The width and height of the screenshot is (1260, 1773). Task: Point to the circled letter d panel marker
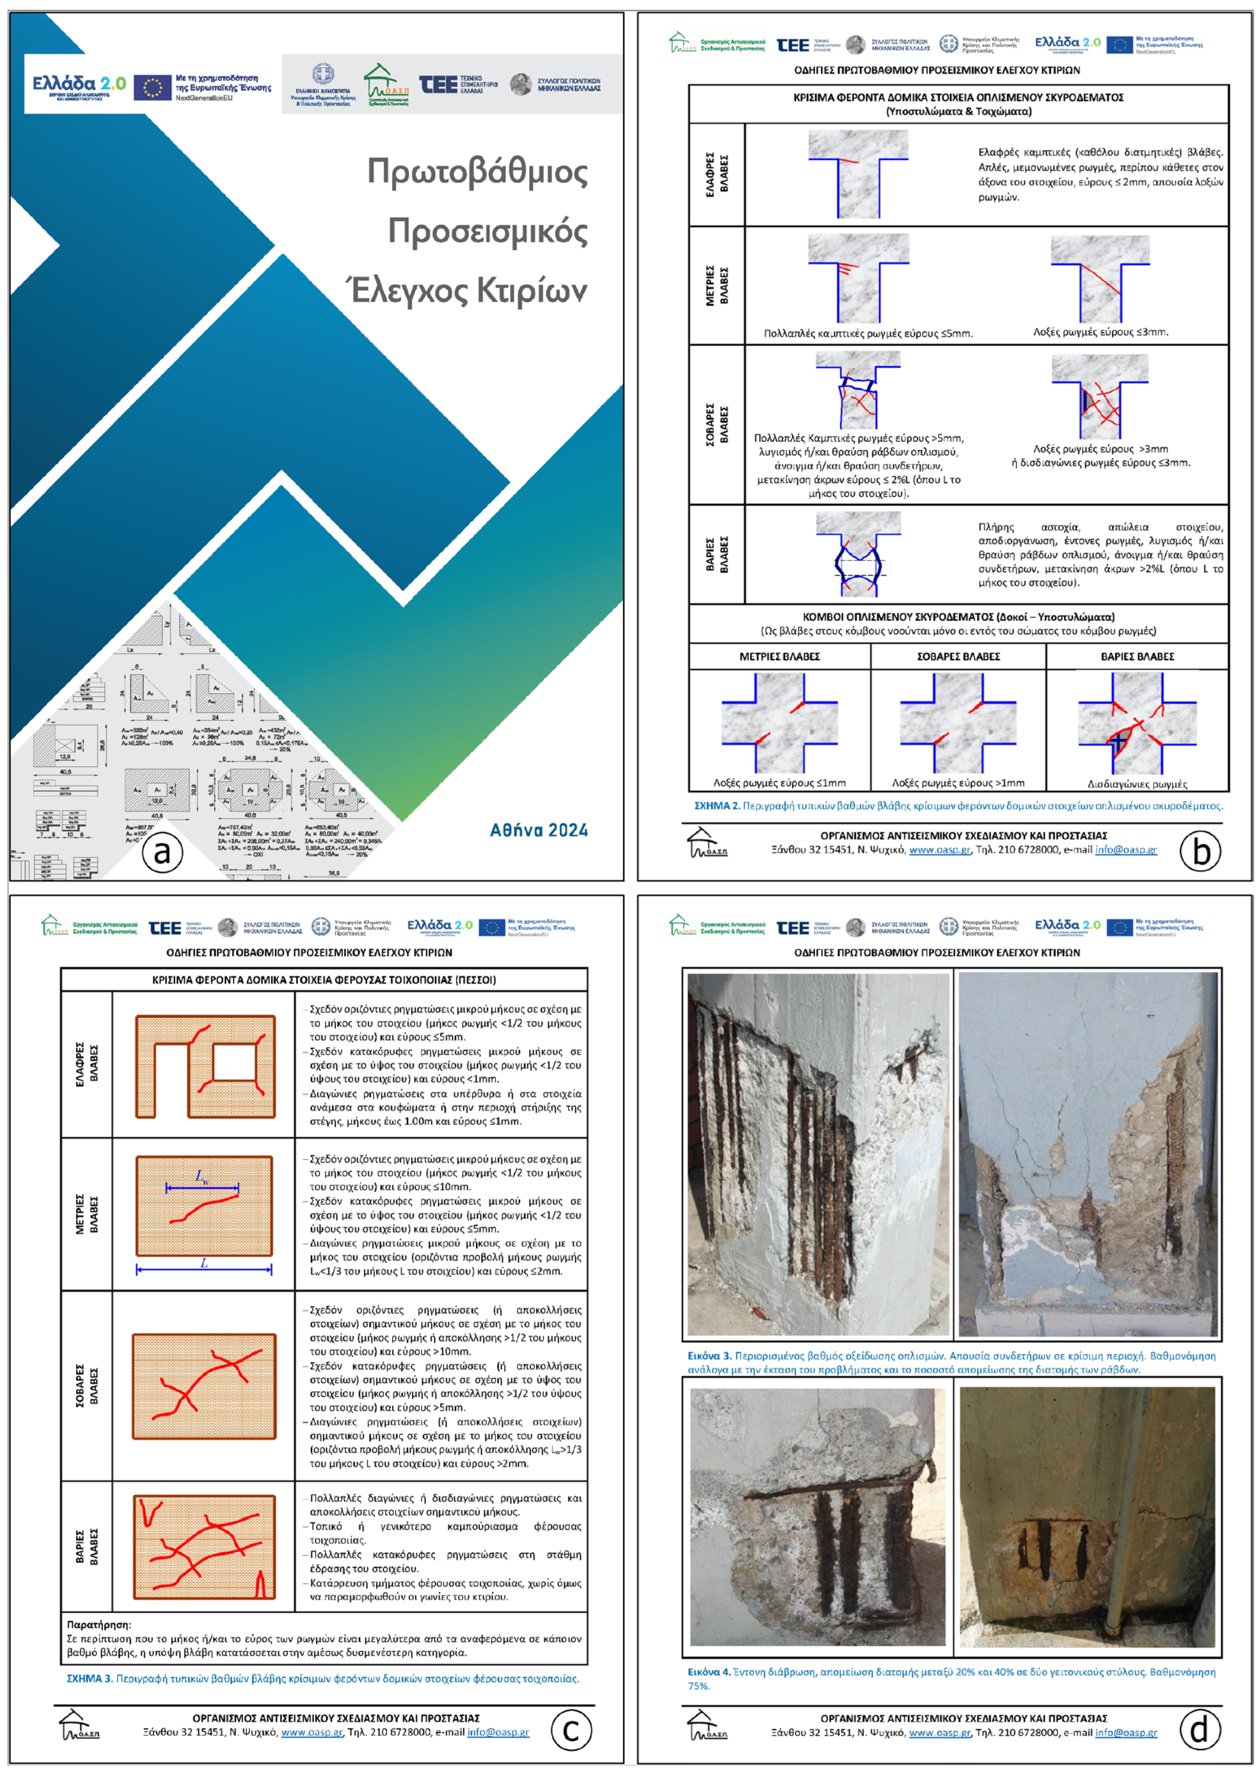point(1199,1729)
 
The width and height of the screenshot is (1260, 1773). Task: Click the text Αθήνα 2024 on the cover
point(539,830)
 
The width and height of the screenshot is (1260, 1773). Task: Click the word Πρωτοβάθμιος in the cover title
point(477,171)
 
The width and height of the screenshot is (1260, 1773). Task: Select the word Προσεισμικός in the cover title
point(487,231)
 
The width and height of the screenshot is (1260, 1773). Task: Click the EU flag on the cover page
point(152,87)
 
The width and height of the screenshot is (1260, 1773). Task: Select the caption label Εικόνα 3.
point(709,1356)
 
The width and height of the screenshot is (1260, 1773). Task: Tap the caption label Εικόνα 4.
point(709,1672)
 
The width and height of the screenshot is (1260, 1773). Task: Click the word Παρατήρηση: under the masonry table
point(99,1624)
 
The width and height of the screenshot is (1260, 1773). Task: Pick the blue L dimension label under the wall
point(204,1263)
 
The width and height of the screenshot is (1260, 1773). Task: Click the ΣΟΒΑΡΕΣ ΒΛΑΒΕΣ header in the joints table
point(958,656)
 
